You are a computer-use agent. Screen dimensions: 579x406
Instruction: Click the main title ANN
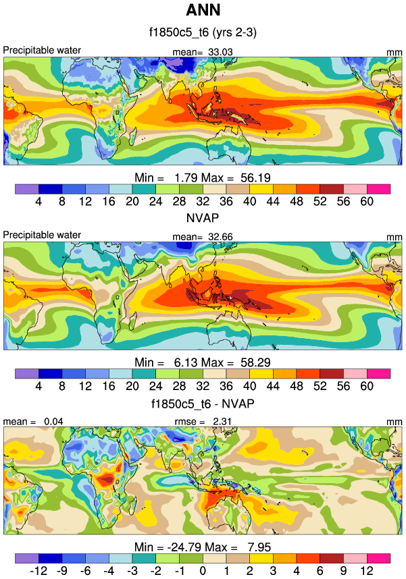click(203, 11)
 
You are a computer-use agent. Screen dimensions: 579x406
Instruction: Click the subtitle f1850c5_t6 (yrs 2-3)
click(203, 32)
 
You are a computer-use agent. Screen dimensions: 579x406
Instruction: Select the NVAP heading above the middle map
click(203, 218)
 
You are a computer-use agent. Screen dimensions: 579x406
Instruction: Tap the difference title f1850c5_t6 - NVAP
click(203, 404)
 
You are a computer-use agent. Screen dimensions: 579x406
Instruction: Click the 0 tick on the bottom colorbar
click(203, 572)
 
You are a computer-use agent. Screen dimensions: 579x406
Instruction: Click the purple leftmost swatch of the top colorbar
click(26, 188)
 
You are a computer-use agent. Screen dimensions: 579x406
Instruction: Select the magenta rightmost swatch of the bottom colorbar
click(379, 559)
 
